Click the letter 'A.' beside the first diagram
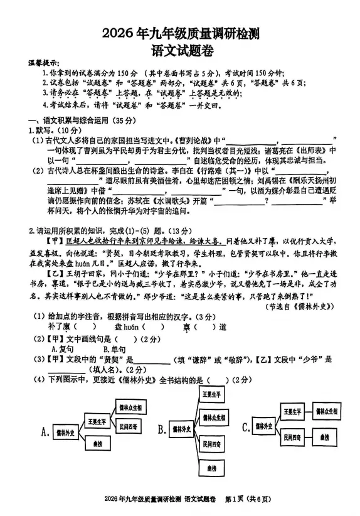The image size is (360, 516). [x=45, y=431]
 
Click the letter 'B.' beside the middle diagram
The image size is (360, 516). [x=162, y=429]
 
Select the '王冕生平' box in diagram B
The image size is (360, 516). [x=214, y=394]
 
